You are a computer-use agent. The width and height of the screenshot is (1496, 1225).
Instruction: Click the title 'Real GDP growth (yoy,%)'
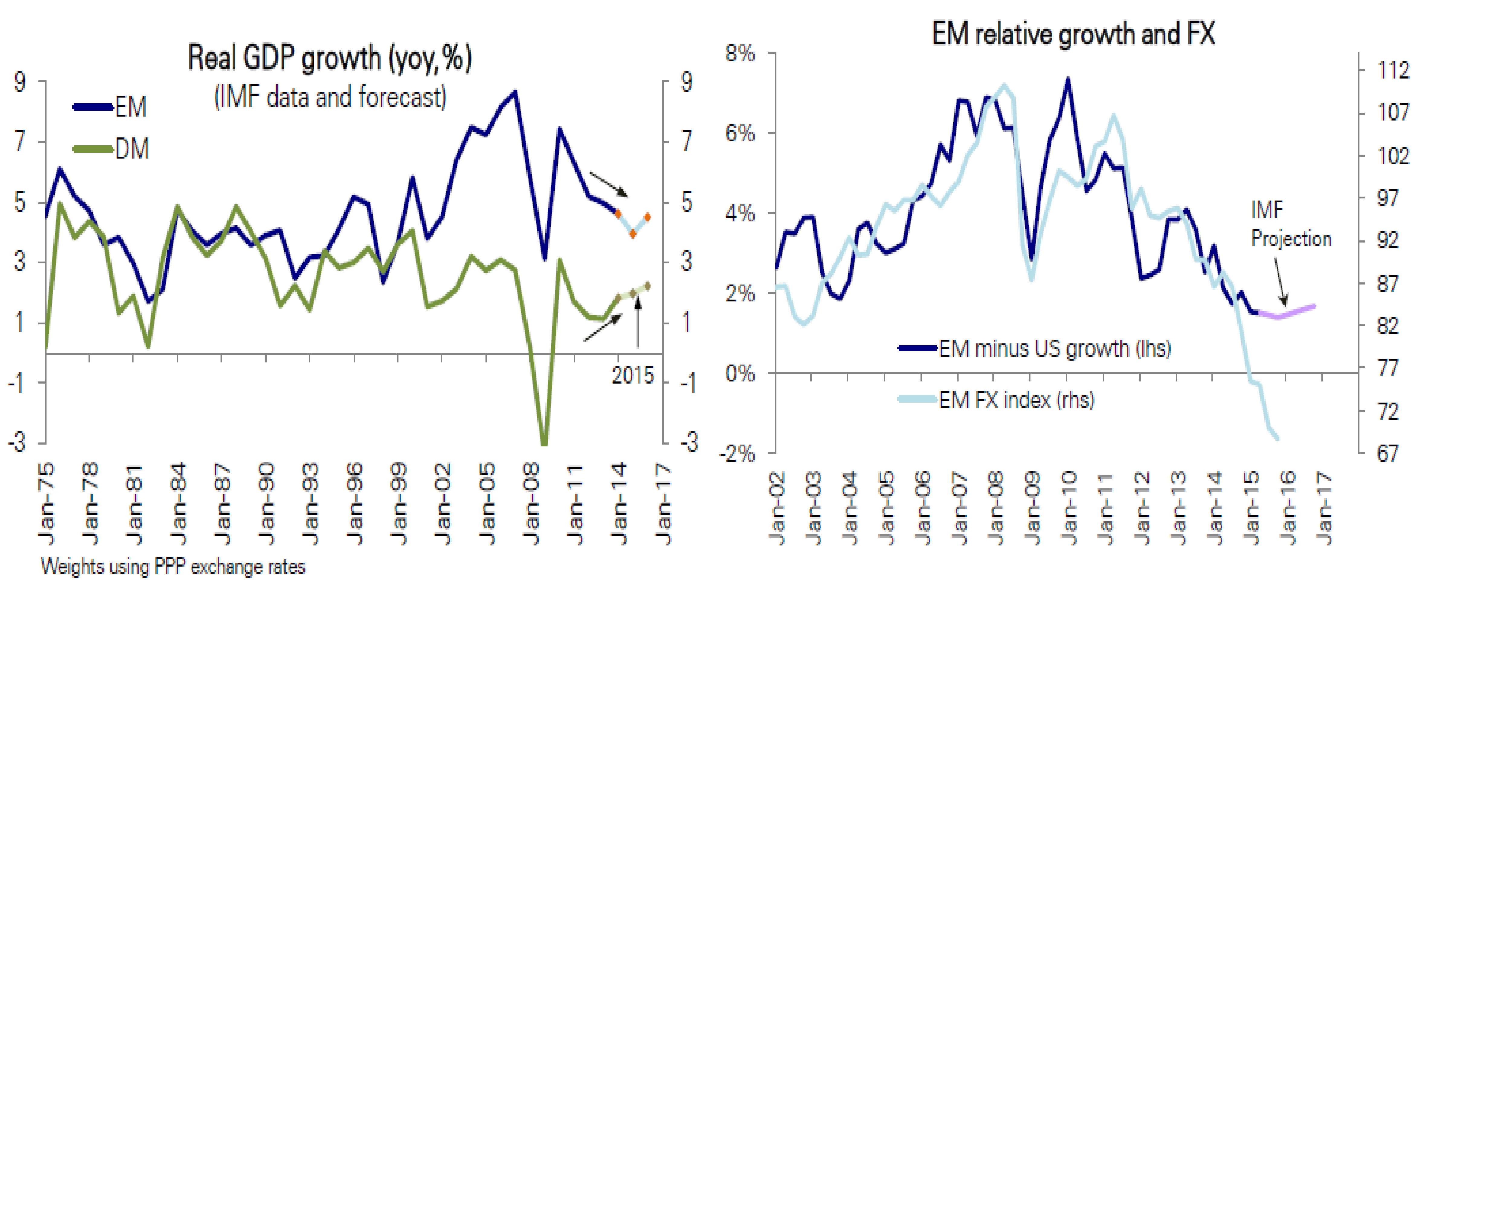point(330,58)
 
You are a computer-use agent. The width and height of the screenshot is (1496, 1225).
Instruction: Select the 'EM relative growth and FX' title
point(1072,34)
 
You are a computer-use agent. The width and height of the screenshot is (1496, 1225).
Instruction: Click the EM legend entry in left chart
point(111,107)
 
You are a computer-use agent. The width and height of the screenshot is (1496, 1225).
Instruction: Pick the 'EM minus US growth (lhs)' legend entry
point(1034,349)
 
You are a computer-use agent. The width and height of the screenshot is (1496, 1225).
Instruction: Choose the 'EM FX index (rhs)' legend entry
point(996,400)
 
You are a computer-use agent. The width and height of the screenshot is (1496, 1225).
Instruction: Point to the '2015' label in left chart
point(632,375)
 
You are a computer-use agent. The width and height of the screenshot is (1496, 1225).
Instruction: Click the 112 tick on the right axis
point(1393,70)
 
